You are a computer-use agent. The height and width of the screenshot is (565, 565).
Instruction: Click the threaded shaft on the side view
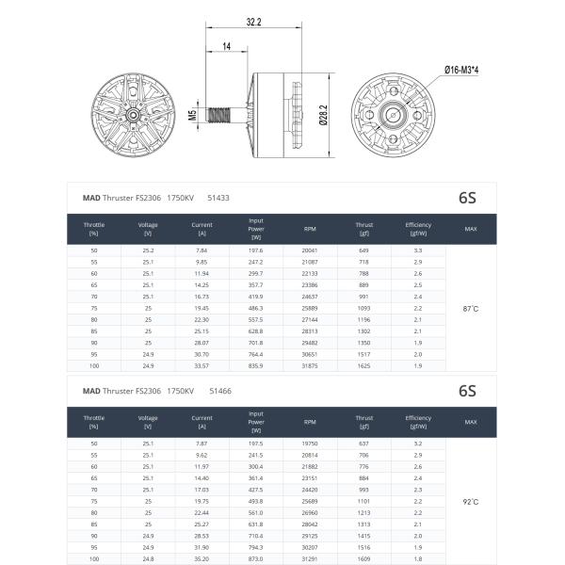(x=224, y=116)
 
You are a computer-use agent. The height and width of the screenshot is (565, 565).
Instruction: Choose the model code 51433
(x=218, y=199)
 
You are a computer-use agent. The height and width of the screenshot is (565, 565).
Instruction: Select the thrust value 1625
(x=363, y=365)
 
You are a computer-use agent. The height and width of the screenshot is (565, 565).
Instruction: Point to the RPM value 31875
(x=310, y=365)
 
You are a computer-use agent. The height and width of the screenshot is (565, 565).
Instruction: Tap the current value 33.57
(x=202, y=365)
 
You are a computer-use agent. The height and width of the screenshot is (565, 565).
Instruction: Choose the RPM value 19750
(x=310, y=443)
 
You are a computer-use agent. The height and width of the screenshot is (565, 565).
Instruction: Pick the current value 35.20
(x=202, y=559)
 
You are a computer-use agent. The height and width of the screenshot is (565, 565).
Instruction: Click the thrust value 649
(x=363, y=250)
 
